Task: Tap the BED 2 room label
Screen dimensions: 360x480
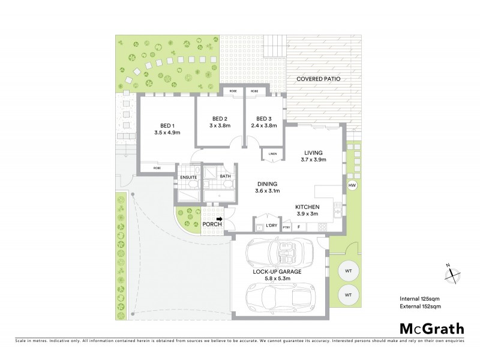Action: pos(219,119)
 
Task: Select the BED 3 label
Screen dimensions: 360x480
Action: pos(264,119)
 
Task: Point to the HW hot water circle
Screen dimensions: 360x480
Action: pos(352,185)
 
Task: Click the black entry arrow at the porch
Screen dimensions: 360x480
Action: pos(220,220)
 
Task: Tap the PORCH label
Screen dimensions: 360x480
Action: pos(211,224)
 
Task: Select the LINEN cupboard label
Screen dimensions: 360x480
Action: pos(272,154)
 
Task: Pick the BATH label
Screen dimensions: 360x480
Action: pos(225,176)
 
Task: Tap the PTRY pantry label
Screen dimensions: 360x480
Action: pos(286,227)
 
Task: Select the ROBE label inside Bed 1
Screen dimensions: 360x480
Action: pos(157,168)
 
